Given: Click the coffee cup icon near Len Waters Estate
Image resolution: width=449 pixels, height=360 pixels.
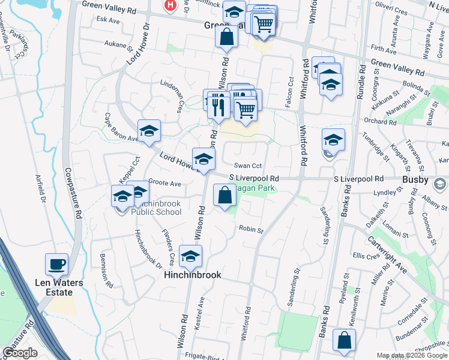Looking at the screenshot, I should pos(57,264).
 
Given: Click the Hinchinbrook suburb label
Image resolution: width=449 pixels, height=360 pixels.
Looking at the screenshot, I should pos(193,275).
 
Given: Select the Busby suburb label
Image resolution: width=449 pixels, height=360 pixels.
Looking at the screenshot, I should pos(415,180).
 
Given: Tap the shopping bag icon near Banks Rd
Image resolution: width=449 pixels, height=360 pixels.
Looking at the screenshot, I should pos(345,340).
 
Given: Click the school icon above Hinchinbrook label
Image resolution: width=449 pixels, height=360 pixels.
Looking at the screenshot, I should pos(191,256).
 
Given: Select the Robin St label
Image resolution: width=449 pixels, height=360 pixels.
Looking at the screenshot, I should pos(252,229).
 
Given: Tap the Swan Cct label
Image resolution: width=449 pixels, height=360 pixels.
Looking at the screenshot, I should pos(249,166).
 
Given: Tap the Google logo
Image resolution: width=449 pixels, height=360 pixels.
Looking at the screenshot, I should pos(20,353).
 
